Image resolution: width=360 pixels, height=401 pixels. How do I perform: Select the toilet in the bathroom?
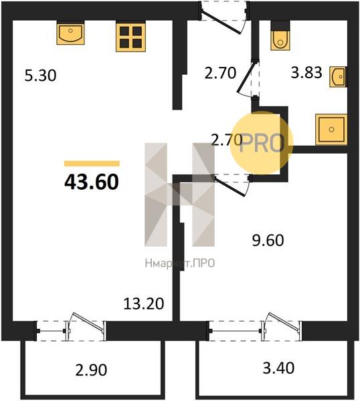tap(280, 38)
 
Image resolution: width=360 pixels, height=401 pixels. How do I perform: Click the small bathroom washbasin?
tap(338, 77)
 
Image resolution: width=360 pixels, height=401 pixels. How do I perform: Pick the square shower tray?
tap(331, 130)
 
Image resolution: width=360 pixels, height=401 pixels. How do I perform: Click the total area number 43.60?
tap(92, 182)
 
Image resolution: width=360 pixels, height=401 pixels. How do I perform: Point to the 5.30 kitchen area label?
tap(40, 76)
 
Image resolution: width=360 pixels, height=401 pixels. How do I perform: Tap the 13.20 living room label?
tap(144, 304)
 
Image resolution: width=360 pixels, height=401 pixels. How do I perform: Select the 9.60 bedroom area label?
tap(268, 241)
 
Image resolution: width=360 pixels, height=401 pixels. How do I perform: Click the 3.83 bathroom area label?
tap(306, 72)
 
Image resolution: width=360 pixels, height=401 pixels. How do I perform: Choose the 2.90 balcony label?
tap(91, 370)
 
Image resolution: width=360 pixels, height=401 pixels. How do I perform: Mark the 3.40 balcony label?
tap(278, 368)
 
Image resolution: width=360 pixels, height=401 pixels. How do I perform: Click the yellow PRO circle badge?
tap(261, 143)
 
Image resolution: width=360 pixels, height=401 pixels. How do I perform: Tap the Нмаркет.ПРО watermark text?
tap(180, 263)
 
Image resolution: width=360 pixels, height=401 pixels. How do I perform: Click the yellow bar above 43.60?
tap(92, 164)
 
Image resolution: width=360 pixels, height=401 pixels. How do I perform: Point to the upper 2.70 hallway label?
tap(220, 73)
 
